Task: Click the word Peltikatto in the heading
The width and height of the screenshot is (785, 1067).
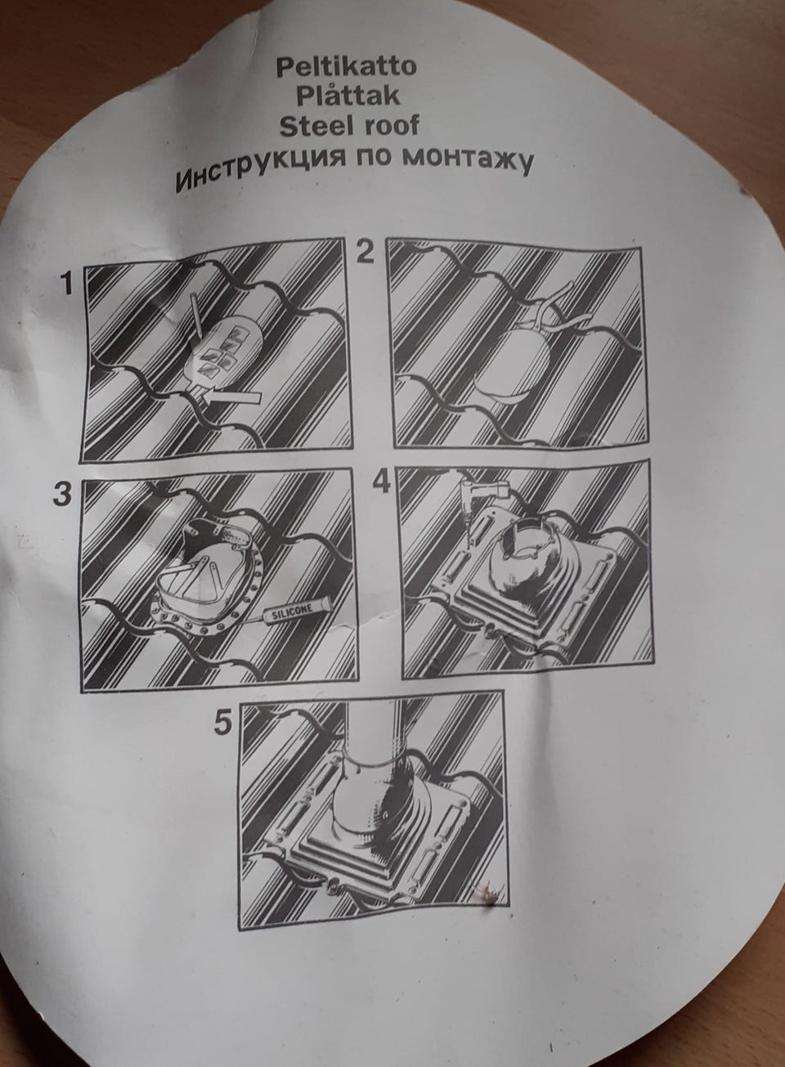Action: point(346,67)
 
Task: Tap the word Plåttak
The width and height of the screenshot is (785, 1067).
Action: point(348,96)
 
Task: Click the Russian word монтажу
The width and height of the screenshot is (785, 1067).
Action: point(467,160)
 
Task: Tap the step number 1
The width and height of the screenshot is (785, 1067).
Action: point(67,284)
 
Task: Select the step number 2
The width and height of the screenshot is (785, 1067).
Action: point(366,252)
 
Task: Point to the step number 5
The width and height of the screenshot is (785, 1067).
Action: point(223,722)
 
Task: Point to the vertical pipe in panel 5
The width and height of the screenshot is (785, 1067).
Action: point(375,733)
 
